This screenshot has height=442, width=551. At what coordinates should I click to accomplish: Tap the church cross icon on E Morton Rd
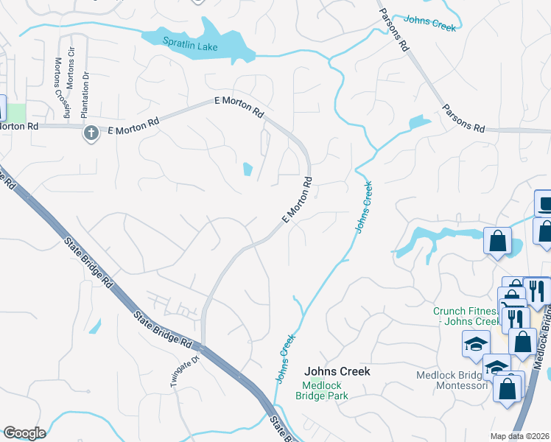click(90, 133)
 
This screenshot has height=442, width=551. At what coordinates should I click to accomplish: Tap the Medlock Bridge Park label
click(325, 390)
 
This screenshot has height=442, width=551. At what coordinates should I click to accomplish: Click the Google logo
click(24, 433)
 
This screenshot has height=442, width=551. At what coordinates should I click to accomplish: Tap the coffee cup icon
click(544, 203)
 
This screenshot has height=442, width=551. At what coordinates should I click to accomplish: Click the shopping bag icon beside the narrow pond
click(497, 240)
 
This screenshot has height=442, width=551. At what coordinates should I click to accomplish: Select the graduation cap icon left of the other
click(476, 343)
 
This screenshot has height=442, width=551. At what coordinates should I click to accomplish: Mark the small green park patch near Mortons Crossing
click(16, 113)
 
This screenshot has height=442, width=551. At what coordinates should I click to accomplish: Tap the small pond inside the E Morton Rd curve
click(247, 170)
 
